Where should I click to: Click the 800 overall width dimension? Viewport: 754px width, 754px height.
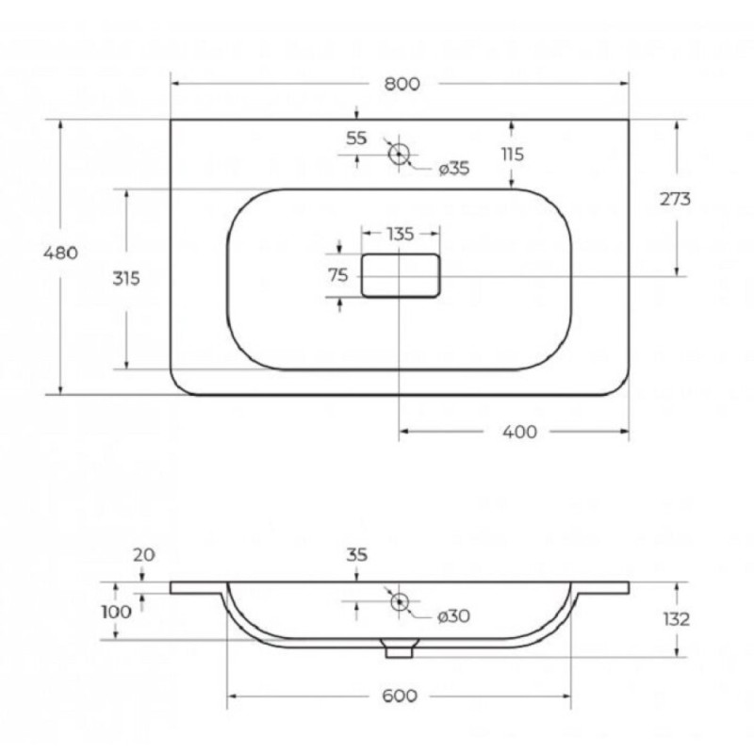pyautogui.click(x=402, y=84)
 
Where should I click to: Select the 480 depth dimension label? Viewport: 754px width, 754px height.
pyautogui.click(x=60, y=253)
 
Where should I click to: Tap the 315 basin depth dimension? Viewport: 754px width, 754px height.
pyautogui.click(x=126, y=278)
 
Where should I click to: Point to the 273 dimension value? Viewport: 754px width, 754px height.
pyautogui.click(x=675, y=199)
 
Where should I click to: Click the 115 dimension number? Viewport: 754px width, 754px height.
pyautogui.click(x=513, y=155)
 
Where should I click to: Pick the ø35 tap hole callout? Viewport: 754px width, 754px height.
pyautogui.click(x=454, y=169)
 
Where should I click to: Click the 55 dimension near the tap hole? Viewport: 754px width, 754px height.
pyautogui.click(x=356, y=139)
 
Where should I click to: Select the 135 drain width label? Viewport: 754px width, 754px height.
pyautogui.click(x=400, y=234)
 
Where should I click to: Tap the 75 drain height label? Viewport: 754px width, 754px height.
pyautogui.click(x=338, y=275)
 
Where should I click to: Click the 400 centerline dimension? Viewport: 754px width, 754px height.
pyautogui.click(x=520, y=433)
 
